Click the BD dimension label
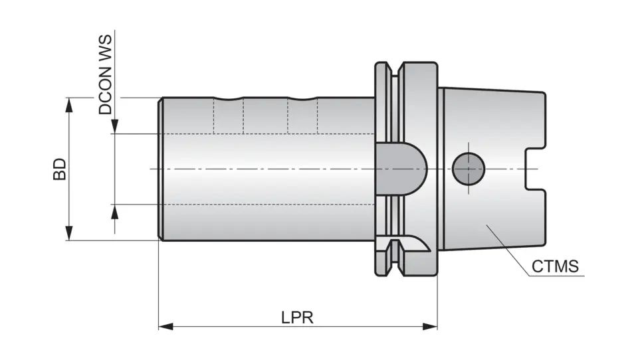(x=60, y=169)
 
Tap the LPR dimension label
(x=297, y=317)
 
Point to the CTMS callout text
(x=555, y=267)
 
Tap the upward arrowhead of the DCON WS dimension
(x=114, y=211)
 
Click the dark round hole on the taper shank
(x=469, y=169)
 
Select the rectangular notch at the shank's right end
(x=536, y=169)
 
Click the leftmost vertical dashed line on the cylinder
(x=213, y=116)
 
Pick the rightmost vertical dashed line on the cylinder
(x=317, y=116)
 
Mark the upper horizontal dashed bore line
(x=266, y=134)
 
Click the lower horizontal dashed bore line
(x=266, y=204)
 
